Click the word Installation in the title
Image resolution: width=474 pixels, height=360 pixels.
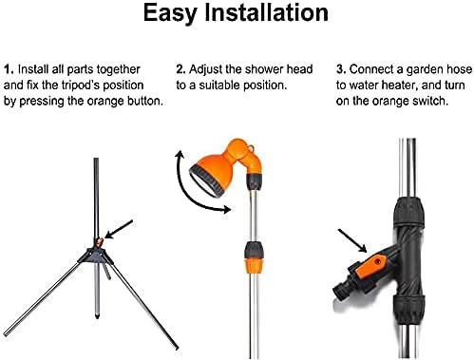pos(266,12)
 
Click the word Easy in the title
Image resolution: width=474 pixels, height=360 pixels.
pos(170,14)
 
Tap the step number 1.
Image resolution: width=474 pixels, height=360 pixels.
pos(9,69)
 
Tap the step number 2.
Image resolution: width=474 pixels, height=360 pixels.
pos(180,69)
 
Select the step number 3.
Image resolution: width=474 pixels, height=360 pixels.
pos(341,69)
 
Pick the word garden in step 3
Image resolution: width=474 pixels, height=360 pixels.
pos(425,70)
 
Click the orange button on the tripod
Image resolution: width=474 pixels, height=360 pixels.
pos(100,242)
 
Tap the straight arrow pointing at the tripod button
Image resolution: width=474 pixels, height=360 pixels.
pos(119,229)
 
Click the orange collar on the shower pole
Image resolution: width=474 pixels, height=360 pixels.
pos(254,265)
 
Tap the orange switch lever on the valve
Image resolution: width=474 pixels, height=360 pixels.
pos(371,266)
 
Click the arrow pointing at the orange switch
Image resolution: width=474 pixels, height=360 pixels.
pos(352,240)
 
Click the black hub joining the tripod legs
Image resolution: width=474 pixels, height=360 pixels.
pos(96,256)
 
